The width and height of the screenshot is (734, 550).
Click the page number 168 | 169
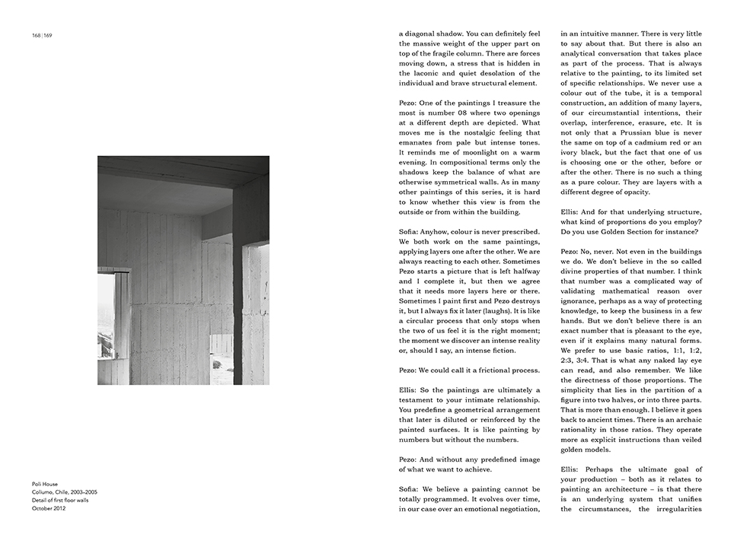pyautogui.click(x=42, y=36)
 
